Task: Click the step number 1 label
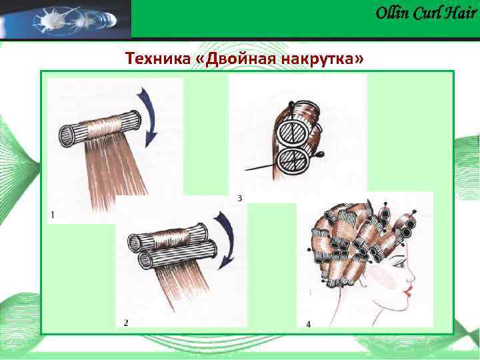[x=53, y=215]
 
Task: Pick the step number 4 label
[x=307, y=324]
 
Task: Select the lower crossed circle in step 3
[x=292, y=159]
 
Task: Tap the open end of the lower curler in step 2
[x=145, y=259]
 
